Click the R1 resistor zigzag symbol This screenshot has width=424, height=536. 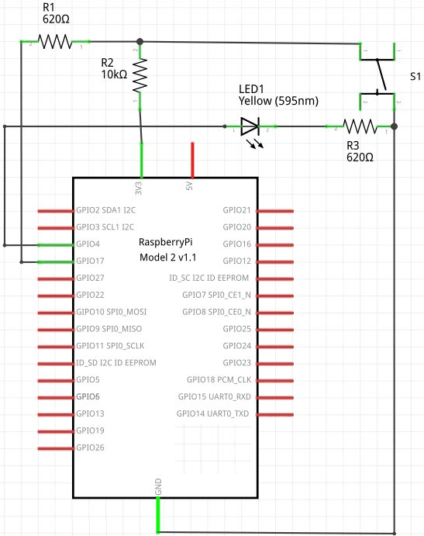tap(55, 41)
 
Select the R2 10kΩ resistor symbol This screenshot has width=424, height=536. tap(140, 75)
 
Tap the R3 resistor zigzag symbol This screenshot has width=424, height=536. tap(360, 126)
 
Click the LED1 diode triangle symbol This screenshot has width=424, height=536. tap(249, 126)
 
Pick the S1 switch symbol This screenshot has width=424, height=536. tap(378, 76)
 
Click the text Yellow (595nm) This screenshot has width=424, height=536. tap(278, 101)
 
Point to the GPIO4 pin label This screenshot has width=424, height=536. tap(89, 244)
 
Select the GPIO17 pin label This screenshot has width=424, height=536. tap(91, 261)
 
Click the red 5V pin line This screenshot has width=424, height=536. tap(192, 160)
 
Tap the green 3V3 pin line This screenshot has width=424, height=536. tap(142, 160)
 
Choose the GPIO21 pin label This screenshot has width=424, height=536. tap(236, 210)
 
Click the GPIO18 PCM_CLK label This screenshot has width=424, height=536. tap(219, 379)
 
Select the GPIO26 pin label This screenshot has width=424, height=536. tap(90, 448)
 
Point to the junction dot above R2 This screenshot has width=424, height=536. tap(140, 41)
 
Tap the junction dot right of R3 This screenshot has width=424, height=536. tap(395, 126)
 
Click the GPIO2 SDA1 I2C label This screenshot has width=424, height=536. tap(105, 210)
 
